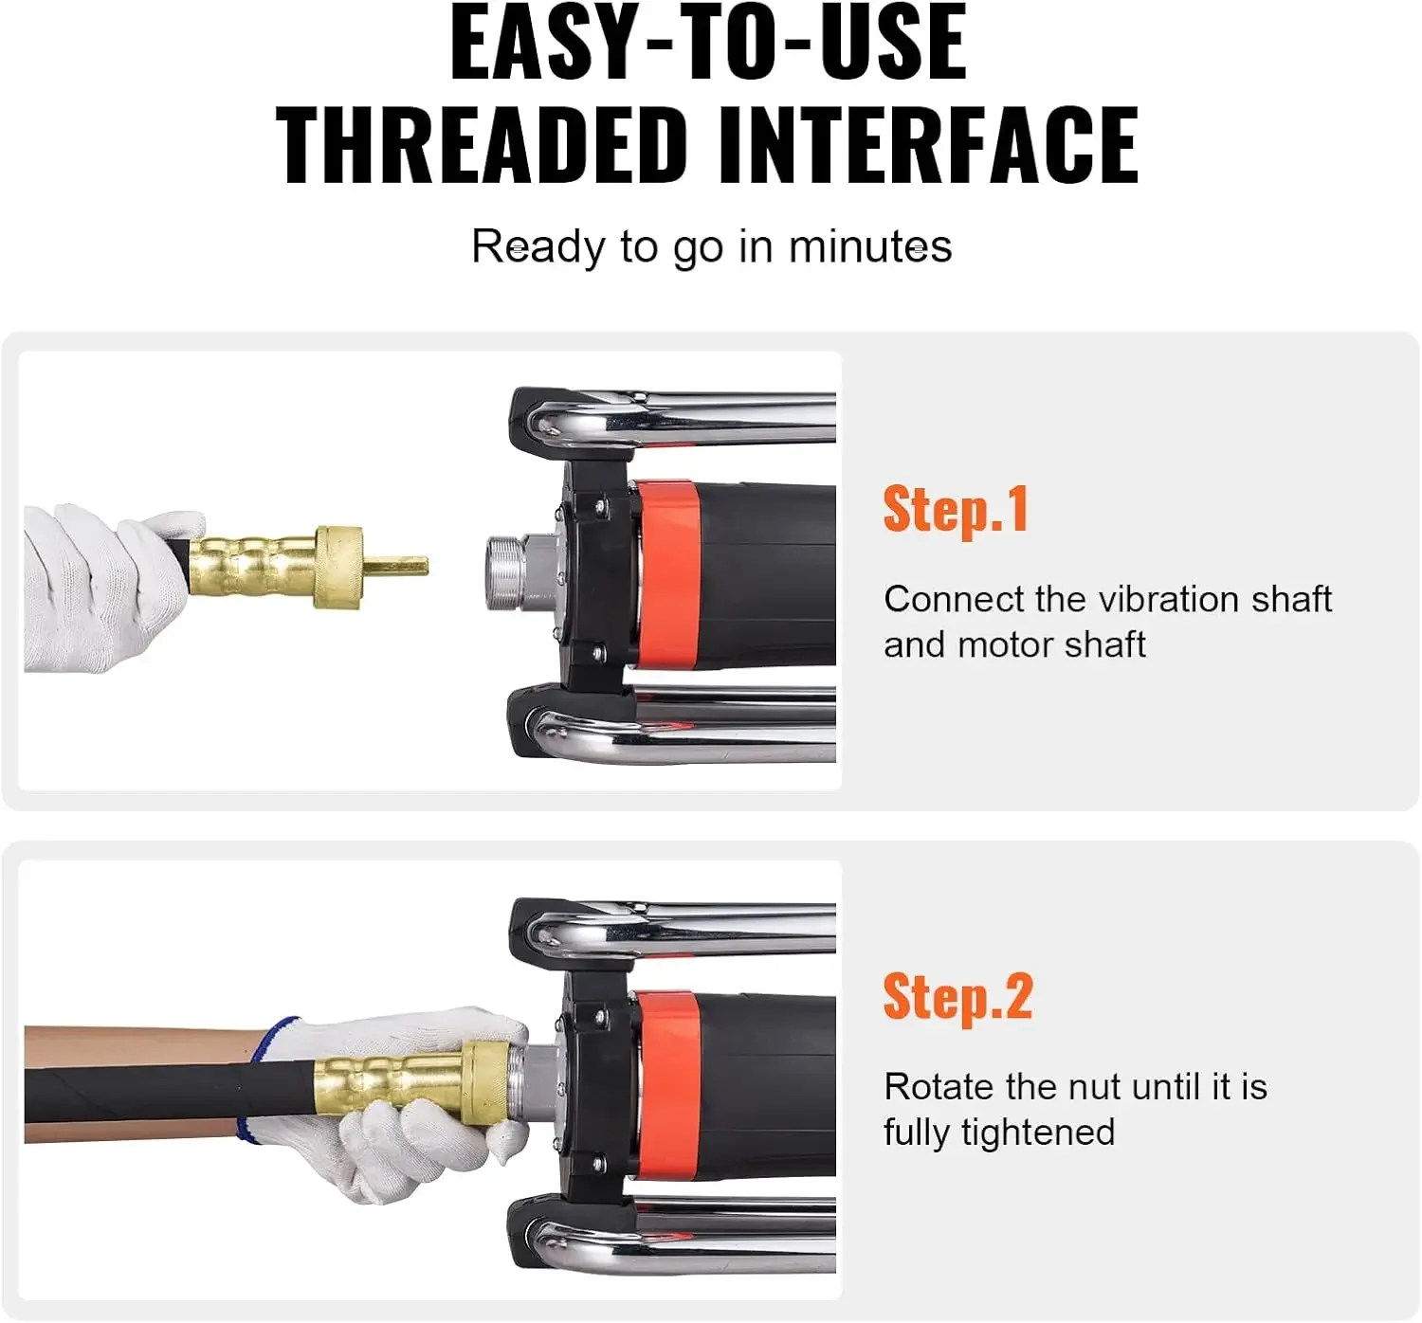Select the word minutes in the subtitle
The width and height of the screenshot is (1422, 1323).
(869, 247)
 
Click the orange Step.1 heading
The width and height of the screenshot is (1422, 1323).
(955, 510)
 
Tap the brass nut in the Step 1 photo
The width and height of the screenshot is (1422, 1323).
(338, 567)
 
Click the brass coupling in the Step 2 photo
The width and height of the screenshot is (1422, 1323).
(408, 1083)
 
